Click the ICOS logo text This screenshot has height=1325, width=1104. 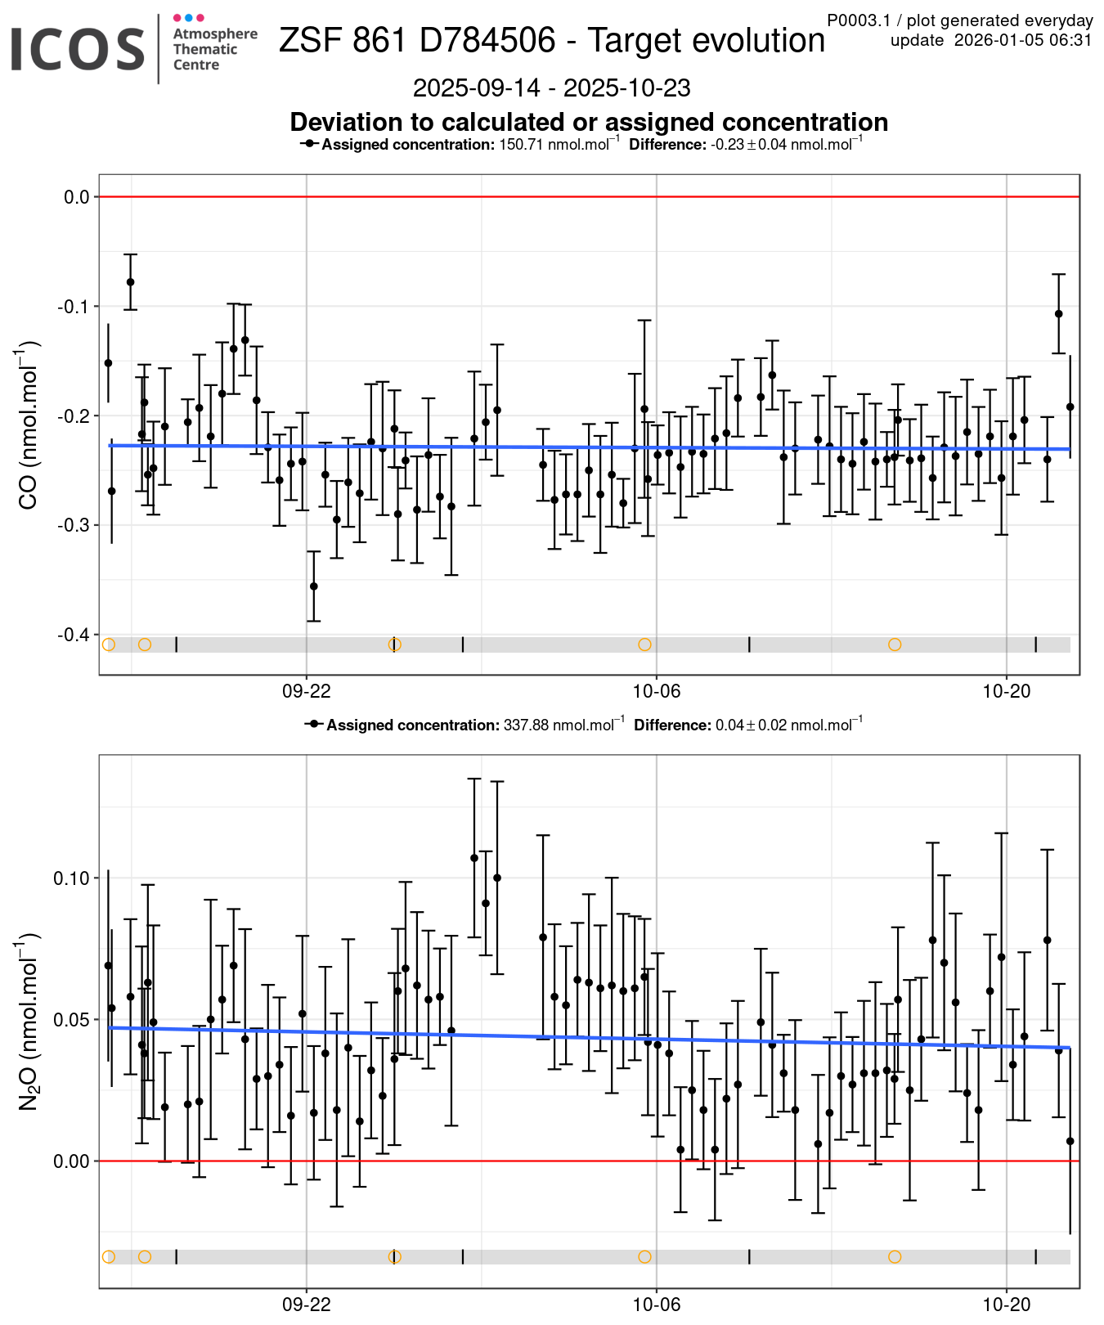78,49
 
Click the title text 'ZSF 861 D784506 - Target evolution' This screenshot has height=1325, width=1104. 552,41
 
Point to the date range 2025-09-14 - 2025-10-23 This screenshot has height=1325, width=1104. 552,88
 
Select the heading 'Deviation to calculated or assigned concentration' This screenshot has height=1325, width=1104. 589,122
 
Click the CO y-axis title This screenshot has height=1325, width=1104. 28,425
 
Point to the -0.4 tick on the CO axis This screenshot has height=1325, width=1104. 73,635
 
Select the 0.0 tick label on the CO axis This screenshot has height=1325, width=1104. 77,197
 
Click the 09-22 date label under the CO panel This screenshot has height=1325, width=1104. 307,691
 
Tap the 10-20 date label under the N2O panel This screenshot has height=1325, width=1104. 1007,1305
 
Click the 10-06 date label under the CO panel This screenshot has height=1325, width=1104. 657,691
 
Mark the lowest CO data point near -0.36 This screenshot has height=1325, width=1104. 313,586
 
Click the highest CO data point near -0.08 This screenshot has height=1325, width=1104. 130,282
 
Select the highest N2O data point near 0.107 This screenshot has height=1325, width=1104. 474,858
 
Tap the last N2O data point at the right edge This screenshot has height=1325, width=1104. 1070,1141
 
